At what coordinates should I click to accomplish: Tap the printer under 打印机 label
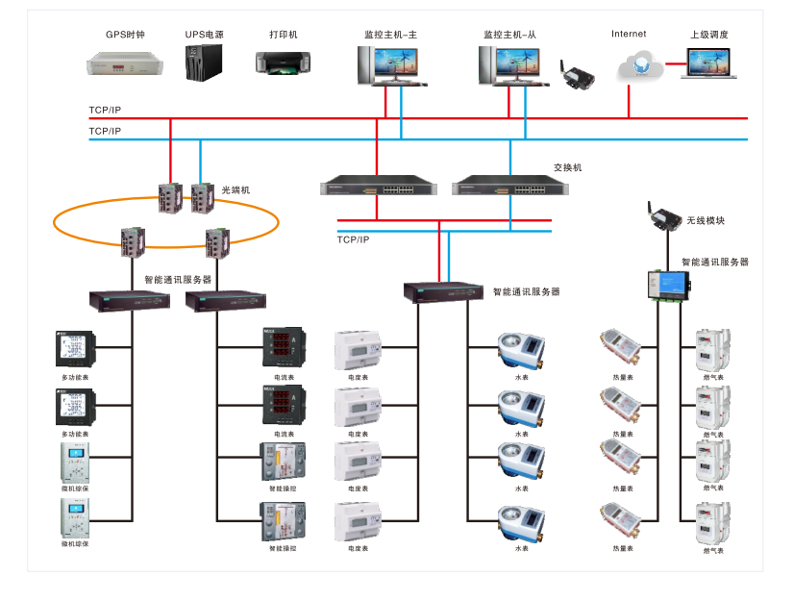284,63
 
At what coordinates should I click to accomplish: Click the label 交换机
567,167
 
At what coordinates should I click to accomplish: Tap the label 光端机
235,190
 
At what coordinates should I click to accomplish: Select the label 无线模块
706,221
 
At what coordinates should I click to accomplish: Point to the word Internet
629,35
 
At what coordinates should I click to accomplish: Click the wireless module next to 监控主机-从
577,76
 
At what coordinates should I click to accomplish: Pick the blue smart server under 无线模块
668,285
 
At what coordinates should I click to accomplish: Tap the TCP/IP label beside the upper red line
105,111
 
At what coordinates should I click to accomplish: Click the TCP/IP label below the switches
353,239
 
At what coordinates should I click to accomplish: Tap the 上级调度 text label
709,35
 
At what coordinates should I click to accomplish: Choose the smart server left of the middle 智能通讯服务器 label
441,291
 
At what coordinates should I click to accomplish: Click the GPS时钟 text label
125,35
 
